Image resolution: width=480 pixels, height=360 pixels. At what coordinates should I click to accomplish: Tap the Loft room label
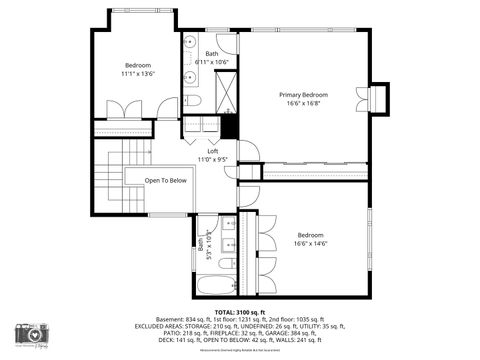[206, 150]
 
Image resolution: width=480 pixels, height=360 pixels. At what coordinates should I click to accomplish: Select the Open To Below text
[166, 180]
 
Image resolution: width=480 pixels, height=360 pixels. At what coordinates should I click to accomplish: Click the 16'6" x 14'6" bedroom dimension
[310, 243]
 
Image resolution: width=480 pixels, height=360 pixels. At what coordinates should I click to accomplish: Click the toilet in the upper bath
[193, 101]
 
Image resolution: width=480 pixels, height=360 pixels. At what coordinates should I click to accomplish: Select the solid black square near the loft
[228, 128]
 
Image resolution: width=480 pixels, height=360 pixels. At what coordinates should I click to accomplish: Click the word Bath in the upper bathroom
[212, 54]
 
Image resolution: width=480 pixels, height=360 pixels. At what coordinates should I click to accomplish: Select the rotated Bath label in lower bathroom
[200, 243]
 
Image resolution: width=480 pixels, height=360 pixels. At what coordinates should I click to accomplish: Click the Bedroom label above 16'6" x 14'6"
[310, 234]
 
